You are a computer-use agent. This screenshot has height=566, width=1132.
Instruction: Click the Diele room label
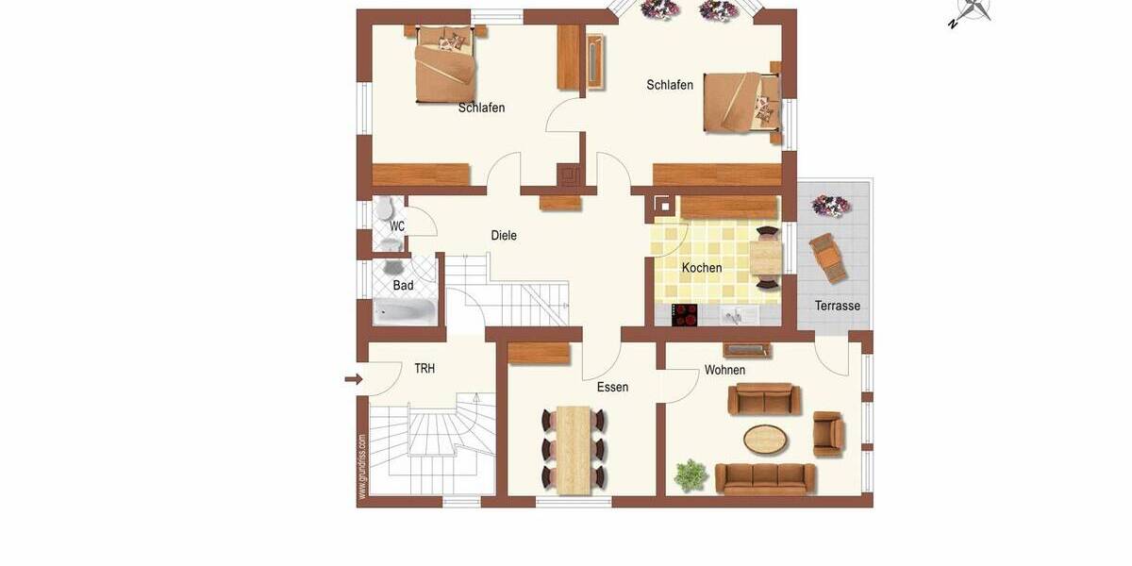click(504, 236)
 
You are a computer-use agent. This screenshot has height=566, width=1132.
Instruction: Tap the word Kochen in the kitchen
click(702, 268)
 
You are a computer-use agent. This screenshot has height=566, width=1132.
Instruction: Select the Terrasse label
click(838, 306)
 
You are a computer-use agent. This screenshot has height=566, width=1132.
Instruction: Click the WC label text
click(397, 226)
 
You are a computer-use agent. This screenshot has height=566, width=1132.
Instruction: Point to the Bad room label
click(403, 286)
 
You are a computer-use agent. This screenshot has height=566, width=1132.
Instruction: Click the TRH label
click(424, 369)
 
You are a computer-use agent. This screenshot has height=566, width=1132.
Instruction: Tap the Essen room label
click(612, 387)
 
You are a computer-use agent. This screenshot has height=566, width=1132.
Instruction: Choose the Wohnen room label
click(724, 370)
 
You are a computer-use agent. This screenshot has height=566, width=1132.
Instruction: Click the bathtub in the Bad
click(404, 311)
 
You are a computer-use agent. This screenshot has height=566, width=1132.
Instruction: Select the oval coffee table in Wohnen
click(765, 439)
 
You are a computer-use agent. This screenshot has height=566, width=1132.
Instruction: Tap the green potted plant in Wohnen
click(691, 474)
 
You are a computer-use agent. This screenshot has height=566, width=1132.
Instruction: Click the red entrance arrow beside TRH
click(354, 379)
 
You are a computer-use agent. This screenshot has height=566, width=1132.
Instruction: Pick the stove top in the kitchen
click(685, 314)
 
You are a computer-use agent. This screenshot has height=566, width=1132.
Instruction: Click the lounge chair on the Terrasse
click(828, 258)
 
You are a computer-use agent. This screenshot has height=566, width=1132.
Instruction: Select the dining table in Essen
click(574, 449)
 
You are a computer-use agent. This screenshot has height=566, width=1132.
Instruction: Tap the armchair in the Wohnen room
click(827, 434)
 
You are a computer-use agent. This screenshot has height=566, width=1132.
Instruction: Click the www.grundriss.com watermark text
click(362, 466)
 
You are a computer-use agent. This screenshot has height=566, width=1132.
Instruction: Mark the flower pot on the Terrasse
click(830, 205)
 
